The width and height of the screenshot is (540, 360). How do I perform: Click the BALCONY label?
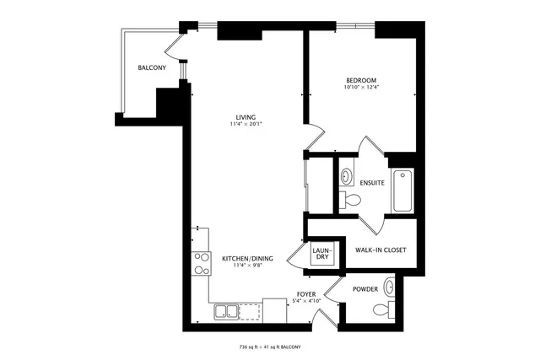pos(152,67)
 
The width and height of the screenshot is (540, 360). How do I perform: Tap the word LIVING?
pos(246,117)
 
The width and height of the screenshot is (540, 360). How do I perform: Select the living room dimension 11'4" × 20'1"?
pos(246,125)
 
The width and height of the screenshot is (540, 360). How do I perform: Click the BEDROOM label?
pos(360,80)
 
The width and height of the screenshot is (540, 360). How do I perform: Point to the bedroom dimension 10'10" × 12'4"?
pos(360,88)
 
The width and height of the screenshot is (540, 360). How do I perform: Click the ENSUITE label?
pos(372,182)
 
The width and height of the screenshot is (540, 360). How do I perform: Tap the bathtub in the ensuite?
pos(402,191)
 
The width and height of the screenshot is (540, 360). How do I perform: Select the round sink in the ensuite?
pos(347,177)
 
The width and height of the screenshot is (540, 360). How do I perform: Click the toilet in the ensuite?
pos(351,201)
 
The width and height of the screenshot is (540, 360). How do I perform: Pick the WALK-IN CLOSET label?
pos(381,250)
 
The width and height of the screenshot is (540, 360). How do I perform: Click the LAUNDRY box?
pos(322,253)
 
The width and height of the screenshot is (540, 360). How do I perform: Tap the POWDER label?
pos(365,289)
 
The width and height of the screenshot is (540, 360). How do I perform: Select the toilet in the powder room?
pos(381,309)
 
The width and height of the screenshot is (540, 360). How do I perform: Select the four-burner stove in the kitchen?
pos(202,264)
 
